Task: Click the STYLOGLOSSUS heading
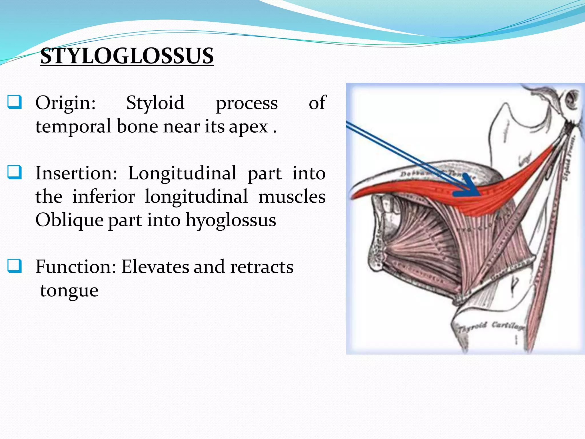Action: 127,56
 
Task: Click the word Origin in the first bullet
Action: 65,103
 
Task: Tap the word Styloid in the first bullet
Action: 155,103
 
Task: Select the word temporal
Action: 73,126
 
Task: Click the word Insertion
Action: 76,173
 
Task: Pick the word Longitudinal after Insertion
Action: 182,173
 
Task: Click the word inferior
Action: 103,197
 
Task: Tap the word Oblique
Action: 69,220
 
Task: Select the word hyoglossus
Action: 231,220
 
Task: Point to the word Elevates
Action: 155,267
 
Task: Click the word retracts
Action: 262,267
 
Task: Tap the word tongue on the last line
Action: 69,291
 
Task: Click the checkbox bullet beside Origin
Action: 14,102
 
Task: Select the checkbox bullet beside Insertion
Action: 14,172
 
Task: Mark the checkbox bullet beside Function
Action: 14,266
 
